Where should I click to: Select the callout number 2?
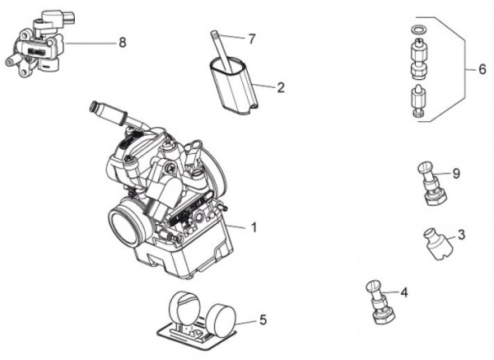[x=281, y=86]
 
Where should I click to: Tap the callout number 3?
[x=461, y=235]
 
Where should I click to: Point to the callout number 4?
[x=404, y=292]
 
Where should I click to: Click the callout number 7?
[x=252, y=39]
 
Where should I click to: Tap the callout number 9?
[x=455, y=174]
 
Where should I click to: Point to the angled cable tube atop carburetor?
[x=111, y=113]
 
